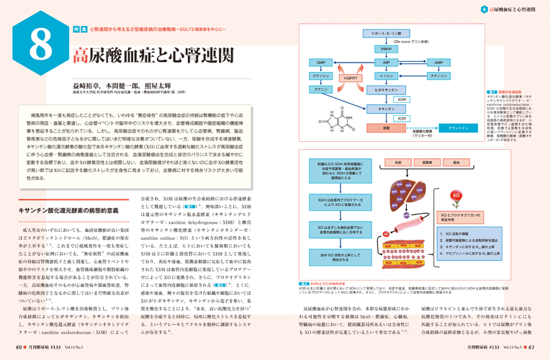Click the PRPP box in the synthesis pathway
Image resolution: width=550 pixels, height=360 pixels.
[x=387, y=49]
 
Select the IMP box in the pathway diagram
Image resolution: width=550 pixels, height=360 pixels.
[x=387, y=63]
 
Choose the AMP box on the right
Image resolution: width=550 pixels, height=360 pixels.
[x=438, y=63]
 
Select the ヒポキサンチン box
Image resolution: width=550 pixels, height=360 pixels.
[x=387, y=90]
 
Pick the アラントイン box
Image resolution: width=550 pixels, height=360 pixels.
[x=459, y=127]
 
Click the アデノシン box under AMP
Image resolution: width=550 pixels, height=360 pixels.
[x=438, y=76]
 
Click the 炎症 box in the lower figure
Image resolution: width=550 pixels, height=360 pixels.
[x=397, y=163]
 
